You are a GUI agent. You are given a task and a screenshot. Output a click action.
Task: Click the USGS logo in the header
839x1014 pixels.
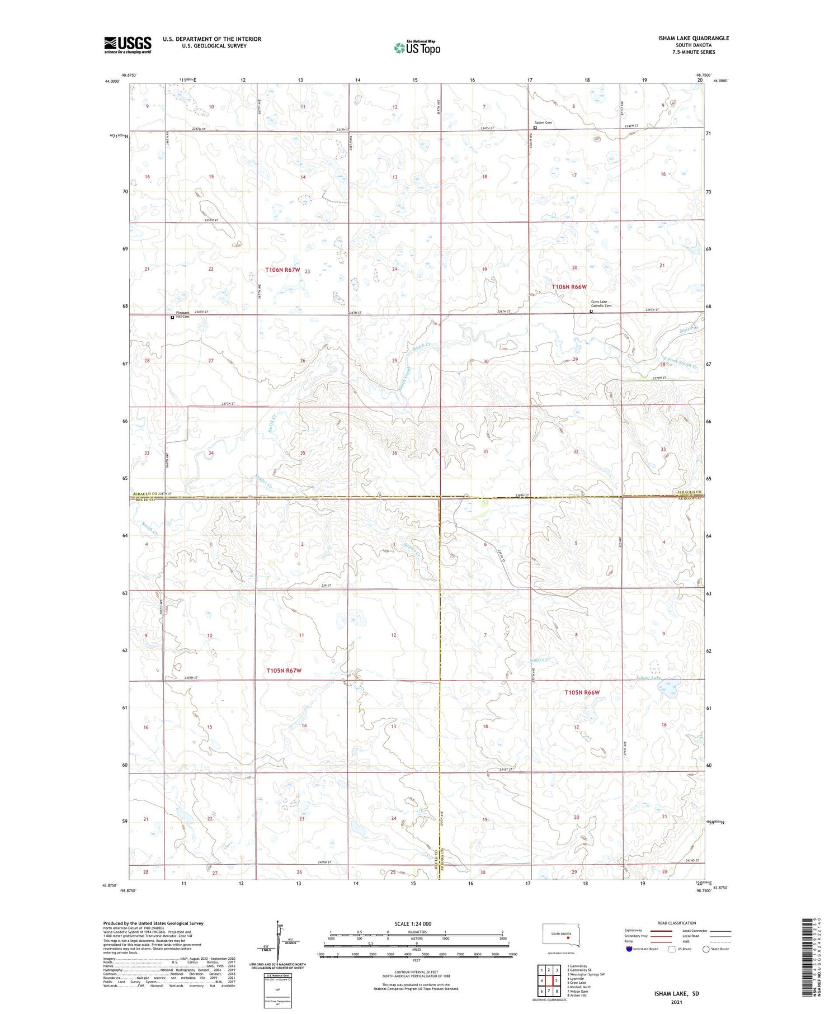128,45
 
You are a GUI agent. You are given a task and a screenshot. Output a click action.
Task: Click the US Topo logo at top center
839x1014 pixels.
417,48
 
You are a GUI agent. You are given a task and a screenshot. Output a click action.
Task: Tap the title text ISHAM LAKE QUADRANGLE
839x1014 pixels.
693,38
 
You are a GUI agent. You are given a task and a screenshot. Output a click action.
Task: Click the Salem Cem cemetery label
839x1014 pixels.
544,122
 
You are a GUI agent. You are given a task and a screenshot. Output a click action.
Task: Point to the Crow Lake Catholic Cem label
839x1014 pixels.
601,304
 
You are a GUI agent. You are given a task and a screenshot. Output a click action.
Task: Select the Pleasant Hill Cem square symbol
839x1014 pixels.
172,317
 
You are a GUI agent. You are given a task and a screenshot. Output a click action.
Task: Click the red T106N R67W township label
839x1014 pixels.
282,270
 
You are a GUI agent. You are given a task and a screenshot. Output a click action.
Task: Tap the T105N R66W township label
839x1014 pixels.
582,692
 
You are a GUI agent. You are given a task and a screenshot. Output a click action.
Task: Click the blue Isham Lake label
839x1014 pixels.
649,678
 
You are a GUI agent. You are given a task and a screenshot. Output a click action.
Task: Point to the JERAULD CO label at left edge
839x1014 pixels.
144,494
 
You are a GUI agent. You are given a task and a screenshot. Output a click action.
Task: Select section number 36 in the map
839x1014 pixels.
394,453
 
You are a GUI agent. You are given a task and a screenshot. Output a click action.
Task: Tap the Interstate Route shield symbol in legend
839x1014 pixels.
629,949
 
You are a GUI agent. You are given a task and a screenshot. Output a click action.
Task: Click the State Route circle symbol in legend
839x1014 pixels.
706,949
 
